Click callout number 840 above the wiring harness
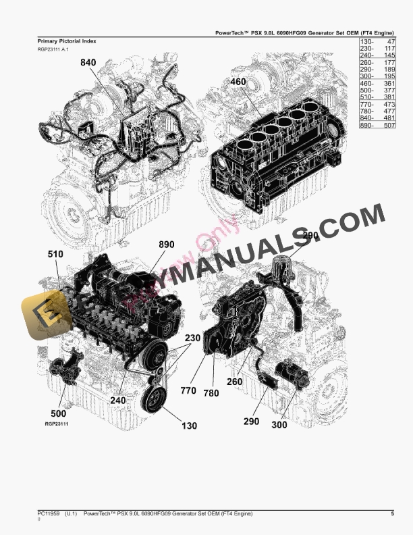tap(88, 62)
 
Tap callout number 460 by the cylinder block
tap(238, 82)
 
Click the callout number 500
tap(59, 413)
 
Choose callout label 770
tap(188, 390)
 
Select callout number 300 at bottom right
tap(279, 425)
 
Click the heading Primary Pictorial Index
tap(66, 41)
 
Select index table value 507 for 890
tap(388, 126)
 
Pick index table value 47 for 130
tap(390, 42)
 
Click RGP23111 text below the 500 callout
tap(57, 424)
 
